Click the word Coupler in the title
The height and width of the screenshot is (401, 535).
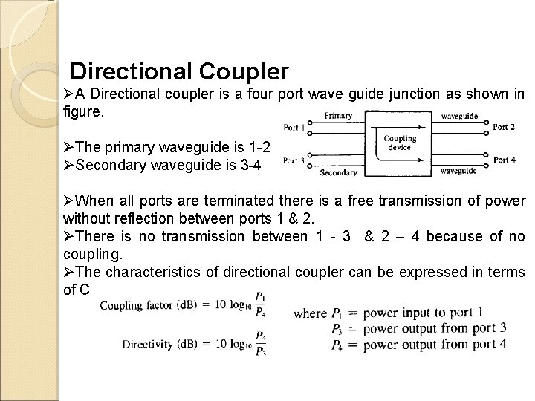[x=243, y=71]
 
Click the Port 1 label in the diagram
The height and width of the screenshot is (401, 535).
[x=295, y=128]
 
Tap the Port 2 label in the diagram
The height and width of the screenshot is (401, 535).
[x=504, y=126]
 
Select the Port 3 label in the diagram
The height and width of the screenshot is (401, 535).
[x=295, y=160]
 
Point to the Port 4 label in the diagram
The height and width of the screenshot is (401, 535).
[x=504, y=160]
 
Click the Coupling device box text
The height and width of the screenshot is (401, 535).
[x=400, y=142]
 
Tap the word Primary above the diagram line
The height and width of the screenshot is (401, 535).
[x=338, y=116]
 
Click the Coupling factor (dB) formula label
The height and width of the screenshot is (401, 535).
[x=144, y=305]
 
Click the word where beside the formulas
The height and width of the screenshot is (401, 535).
[x=310, y=313]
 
